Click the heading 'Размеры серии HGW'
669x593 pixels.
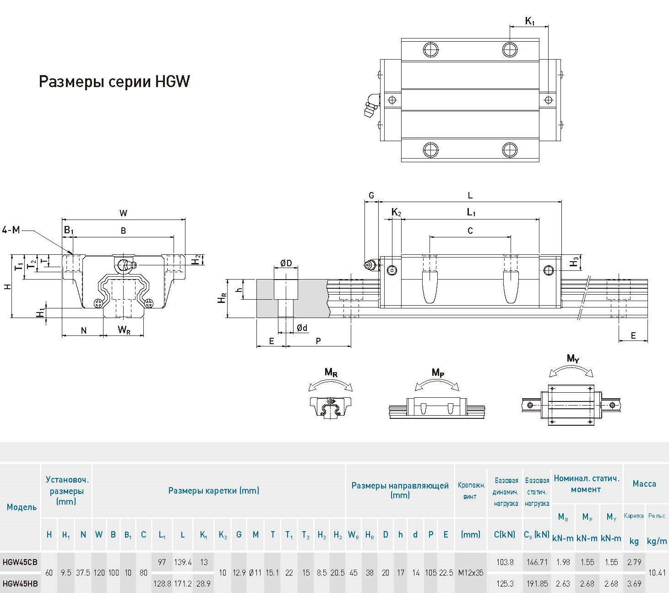(114, 82)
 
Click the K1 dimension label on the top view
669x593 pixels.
(529, 21)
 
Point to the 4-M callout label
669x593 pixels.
(11, 230)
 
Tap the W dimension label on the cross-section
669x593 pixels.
(123, 213)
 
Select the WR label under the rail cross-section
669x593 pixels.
(124, 330)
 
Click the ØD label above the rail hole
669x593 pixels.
(286, 263)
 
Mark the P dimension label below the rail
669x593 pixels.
(318, 340)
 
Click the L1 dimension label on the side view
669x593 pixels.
(471, 212)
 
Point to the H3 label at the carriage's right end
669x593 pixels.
(574, 262)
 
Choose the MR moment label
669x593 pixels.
(331, 372)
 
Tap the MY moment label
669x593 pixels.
(573, 358)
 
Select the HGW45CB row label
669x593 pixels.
(20, 562)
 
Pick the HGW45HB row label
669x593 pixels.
(20, 583)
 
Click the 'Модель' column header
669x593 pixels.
(22, 507)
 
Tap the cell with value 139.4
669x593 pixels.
(183, 562)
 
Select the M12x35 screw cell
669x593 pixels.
(471, 572)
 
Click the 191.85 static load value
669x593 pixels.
(537, 583)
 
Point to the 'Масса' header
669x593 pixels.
(644, 483)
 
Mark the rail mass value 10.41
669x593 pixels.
(657, 572)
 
